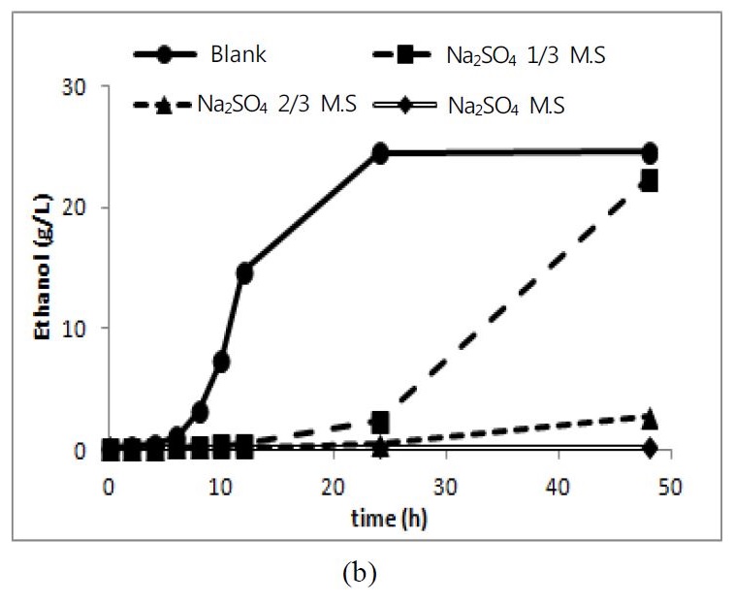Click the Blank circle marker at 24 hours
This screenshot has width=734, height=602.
[379, 153]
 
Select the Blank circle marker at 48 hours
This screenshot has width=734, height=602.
[649, 153]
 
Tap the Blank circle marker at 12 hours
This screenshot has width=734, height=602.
[244, 273]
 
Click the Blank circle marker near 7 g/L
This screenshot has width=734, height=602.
[222, 362]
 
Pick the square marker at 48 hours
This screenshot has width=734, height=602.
[649, 181]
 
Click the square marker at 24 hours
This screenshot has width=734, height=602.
[379, 422]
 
